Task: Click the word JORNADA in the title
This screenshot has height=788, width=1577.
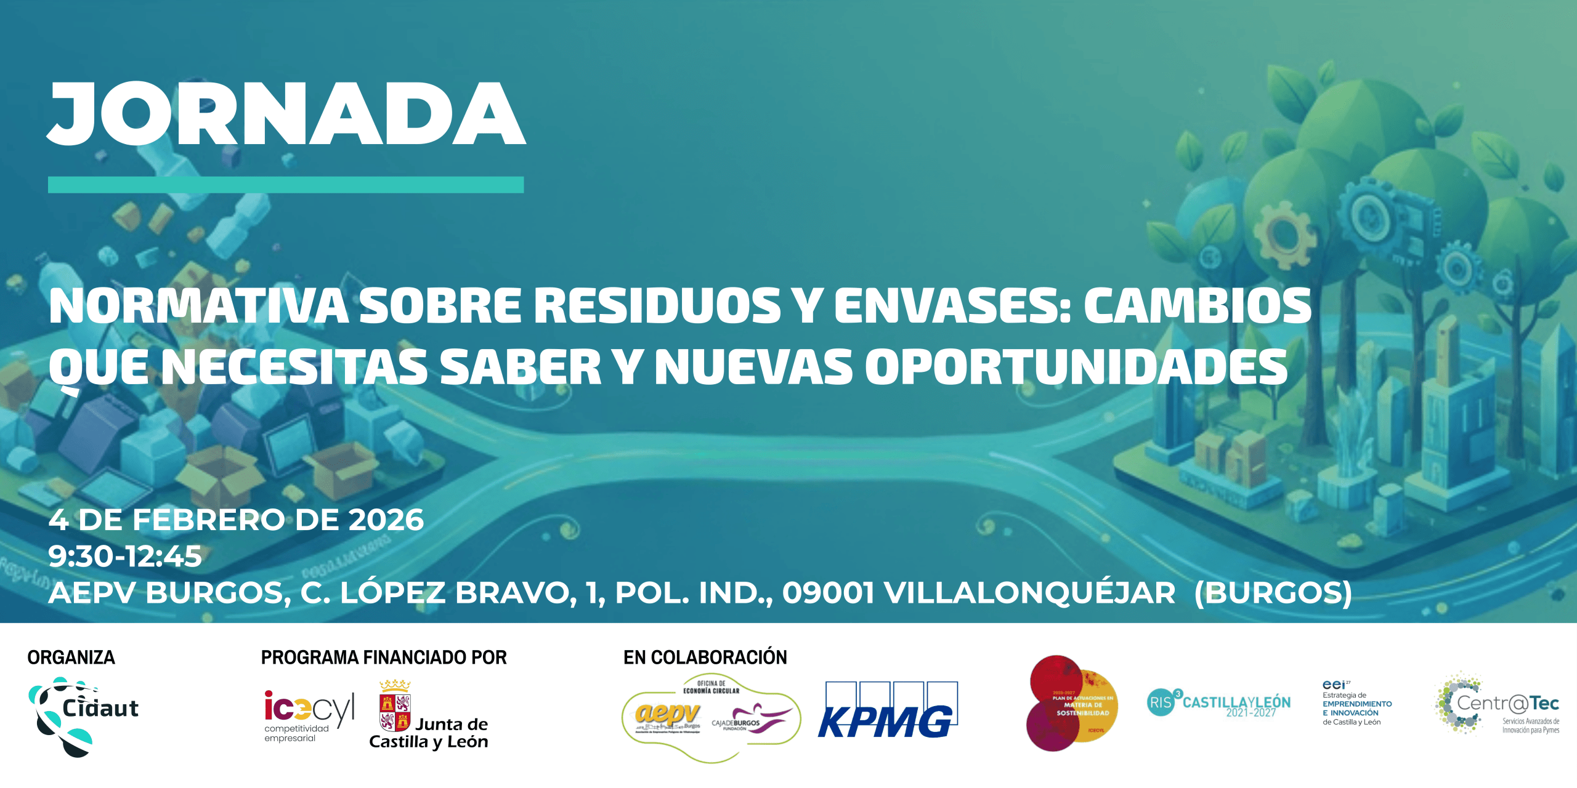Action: [x=286, y=114]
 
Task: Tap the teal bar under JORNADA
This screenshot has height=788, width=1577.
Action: [x=286, y=185]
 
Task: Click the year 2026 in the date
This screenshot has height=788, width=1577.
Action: [x=386, y=520]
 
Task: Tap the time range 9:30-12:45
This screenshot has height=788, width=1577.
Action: [x=125, y=557]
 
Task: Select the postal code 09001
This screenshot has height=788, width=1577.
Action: [x=828, y=593]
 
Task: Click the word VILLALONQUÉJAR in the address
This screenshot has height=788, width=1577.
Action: [x=1029, y=593]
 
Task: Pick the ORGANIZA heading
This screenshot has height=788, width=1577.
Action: [x=71, y=657]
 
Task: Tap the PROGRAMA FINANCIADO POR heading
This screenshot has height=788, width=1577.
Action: [x=384, y=657]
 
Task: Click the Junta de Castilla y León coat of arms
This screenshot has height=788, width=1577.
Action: [x=395, y=708]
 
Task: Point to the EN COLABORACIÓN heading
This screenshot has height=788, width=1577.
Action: [x=705, y=657]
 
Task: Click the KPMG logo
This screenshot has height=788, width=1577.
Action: [x=887, y=711]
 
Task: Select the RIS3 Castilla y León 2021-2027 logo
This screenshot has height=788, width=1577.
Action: [x=1218, y=704]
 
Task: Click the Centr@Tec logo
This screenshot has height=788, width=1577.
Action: [x=1498, y=704]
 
